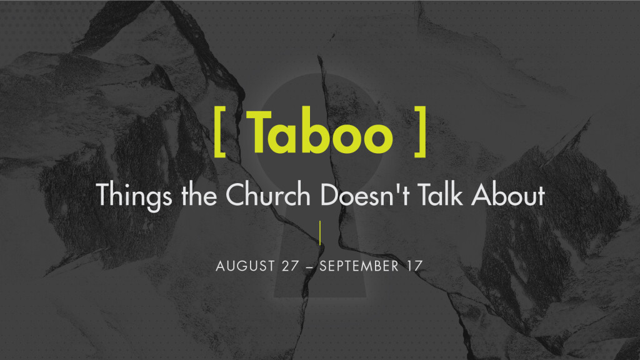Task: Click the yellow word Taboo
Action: click(321, 132)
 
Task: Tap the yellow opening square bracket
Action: click(219, 131)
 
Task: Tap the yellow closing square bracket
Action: click(421, 131)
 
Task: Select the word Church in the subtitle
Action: click(268, 194)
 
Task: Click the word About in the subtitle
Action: click(508, 195)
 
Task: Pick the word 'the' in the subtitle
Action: click(199, 195)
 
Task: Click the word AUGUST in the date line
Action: click(245, 266)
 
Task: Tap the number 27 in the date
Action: click(290, 266)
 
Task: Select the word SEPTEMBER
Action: click(359, 266)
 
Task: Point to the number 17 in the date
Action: click(415, 266)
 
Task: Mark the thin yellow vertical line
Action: click(320, 232)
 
